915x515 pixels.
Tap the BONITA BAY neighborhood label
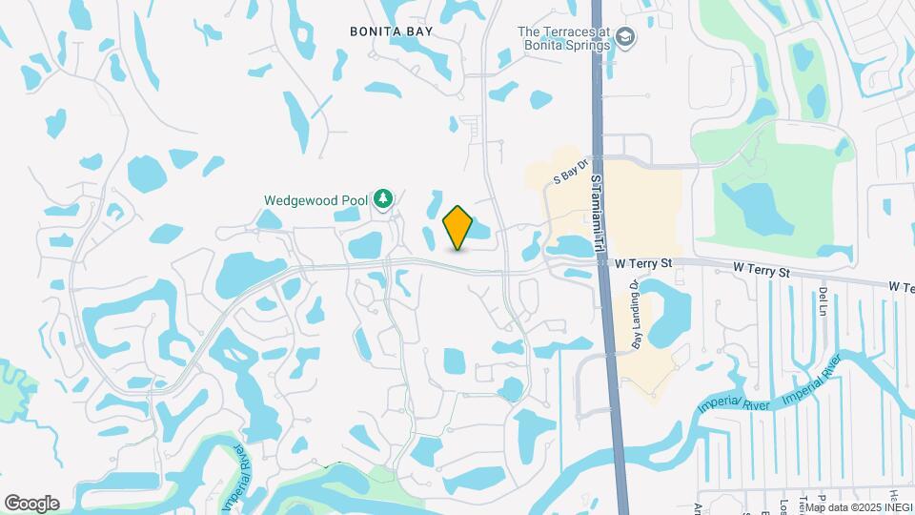pos(392,31)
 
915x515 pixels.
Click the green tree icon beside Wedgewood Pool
pos(382,198)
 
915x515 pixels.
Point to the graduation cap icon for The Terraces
pos(625,37)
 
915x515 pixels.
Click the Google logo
pos(31,503)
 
